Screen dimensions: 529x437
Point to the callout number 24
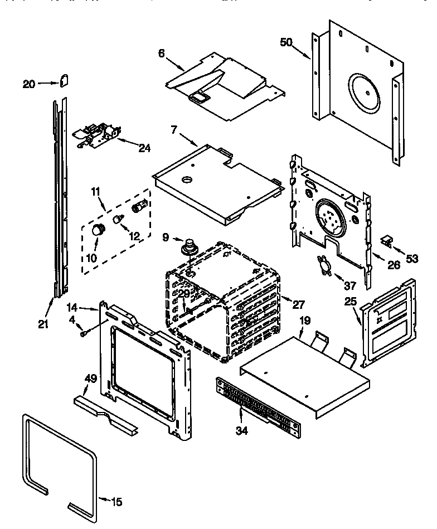tap(144, 148)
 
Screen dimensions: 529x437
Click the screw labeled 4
tap(84, 333)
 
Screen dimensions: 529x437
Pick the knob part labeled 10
tap(99, 229)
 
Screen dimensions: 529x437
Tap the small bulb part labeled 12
tap(118, 219)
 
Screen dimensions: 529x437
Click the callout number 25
tap(349, 302)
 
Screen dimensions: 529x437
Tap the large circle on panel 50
tap(370, 89)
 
